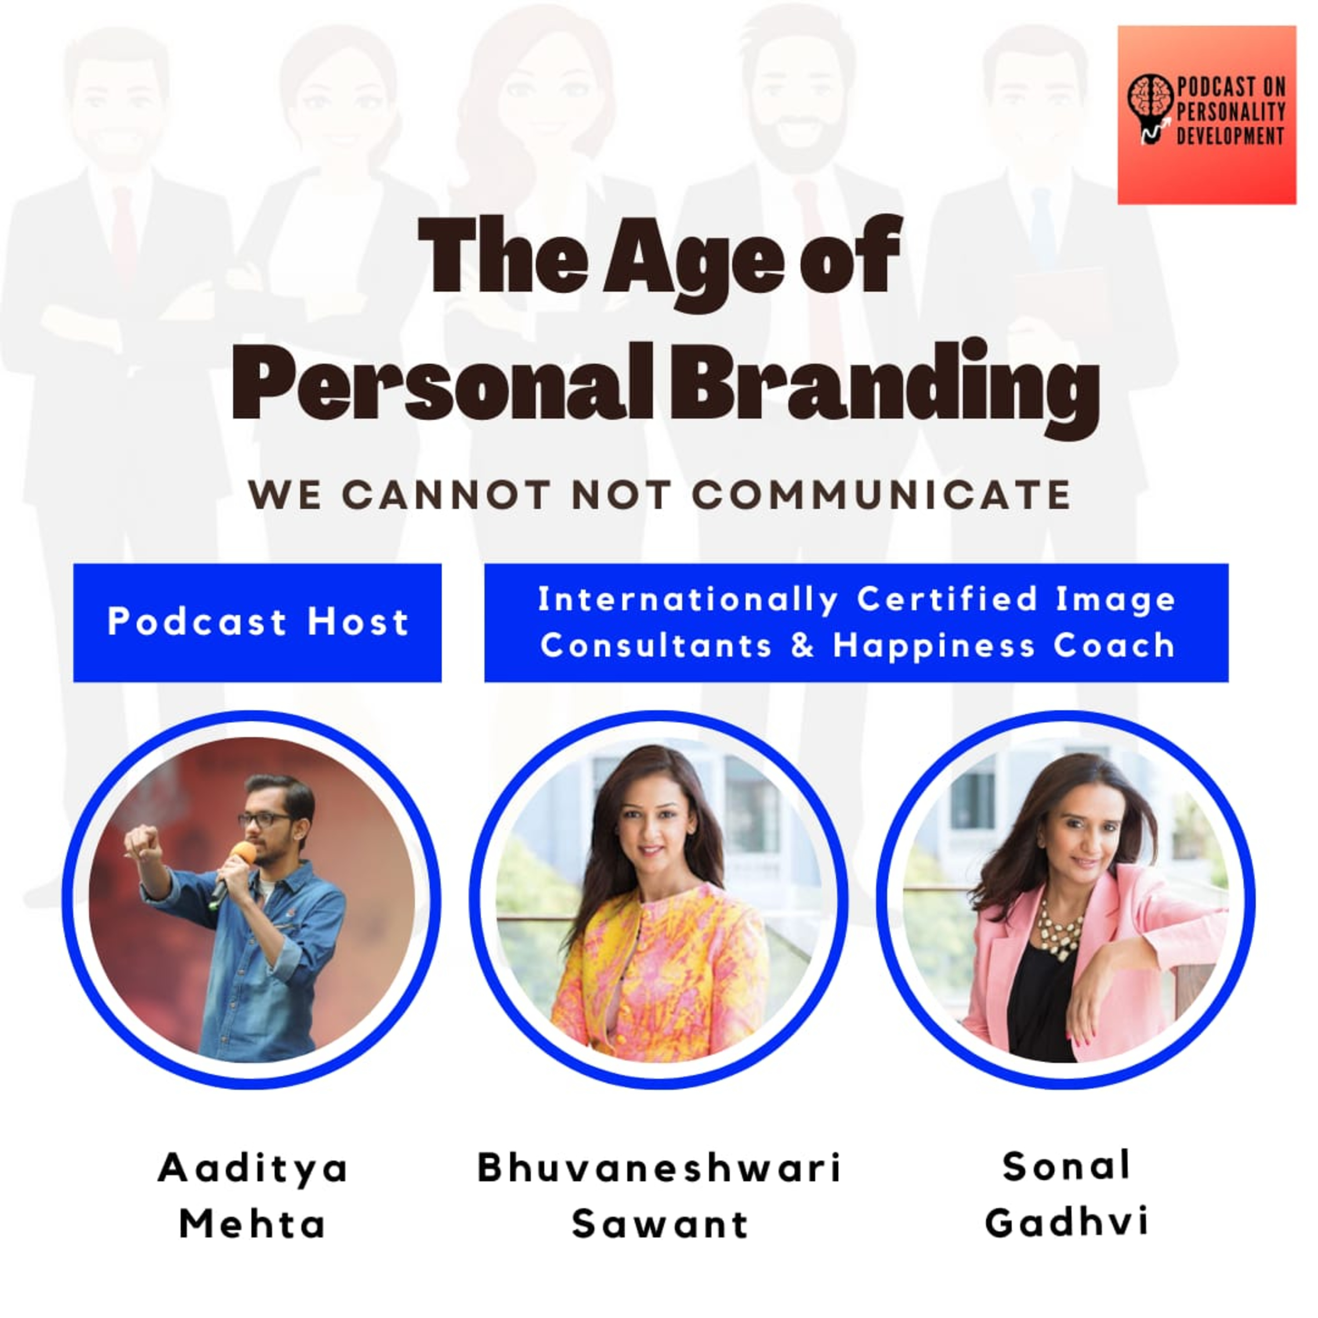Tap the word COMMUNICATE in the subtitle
tap(881, 495)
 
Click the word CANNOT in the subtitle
tap(446, 495)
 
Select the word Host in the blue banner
tap(358, 622)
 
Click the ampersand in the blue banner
tap(803, 645)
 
